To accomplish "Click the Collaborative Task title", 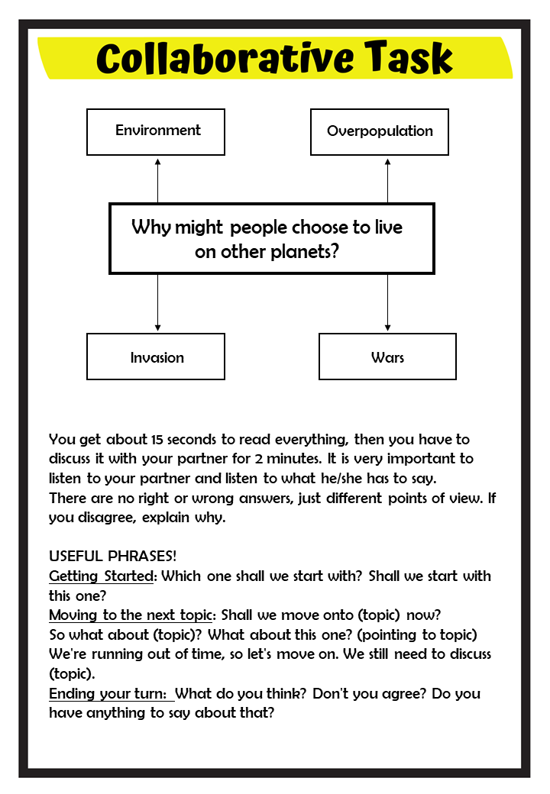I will pos(275,59).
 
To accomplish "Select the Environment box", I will pos(156,131).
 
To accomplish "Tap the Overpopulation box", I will pos(380,131).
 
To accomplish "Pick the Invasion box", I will pos(156,357).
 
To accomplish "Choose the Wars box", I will pos(387,357).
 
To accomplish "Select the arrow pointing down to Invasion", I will pos(158,304).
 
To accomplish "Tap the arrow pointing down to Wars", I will pos(387,304).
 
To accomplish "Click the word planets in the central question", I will pos(303,252).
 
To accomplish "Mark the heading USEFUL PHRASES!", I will pos(113,556).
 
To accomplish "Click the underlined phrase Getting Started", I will pos(102,576).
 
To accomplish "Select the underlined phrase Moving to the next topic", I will pos(131,615).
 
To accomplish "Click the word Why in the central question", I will pos(150,228).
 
